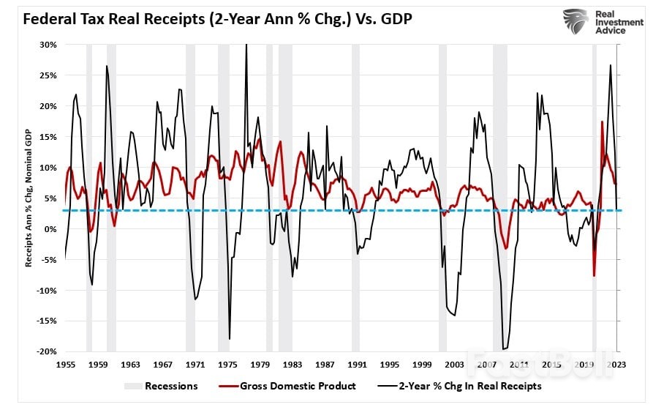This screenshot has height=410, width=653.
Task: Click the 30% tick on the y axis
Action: tap(48, 45)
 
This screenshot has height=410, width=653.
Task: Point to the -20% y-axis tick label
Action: tap(47, 352)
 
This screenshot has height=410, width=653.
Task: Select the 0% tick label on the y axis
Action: tap(50, 229)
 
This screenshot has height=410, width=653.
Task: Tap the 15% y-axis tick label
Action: tap(48, 137)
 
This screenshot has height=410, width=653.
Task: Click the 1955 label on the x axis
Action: tap(66, 364)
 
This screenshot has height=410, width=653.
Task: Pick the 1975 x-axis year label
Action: tap(227, 364)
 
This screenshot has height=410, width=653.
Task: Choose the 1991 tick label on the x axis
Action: tap(357, 364)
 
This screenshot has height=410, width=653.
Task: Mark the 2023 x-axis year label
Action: tap(616, 364)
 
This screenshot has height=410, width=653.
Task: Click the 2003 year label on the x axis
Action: tap(454, 364)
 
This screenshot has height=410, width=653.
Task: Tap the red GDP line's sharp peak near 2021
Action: tap(602, 122)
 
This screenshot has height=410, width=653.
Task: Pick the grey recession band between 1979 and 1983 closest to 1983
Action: tap(285, 198)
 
